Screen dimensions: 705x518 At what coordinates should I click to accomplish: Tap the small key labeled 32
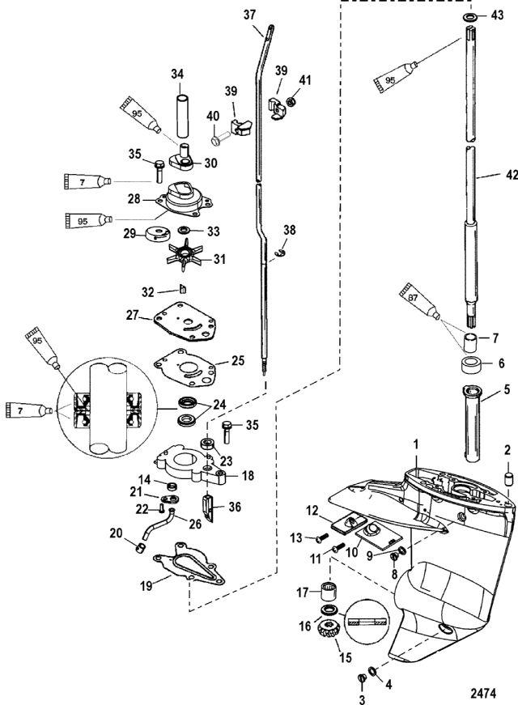click(184, 290)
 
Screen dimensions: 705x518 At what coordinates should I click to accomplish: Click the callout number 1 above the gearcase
click(418, 444)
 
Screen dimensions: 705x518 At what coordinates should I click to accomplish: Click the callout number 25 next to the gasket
click(237, 359)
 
